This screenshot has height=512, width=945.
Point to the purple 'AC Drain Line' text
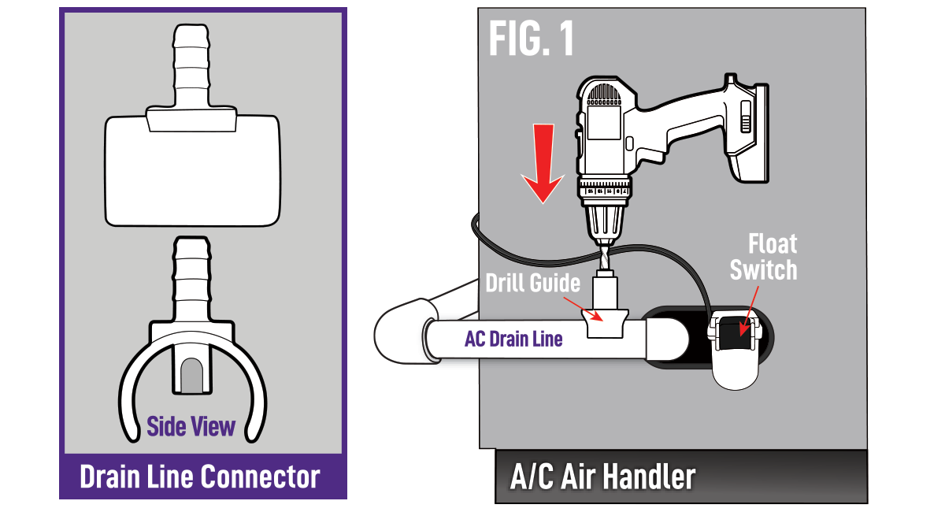pyautogui.click(x=513, y=339)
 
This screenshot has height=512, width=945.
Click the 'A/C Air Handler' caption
pyautogui.click(x=602, y=477)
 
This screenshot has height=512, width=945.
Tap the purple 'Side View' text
pyautogui.click(x=191, y=427)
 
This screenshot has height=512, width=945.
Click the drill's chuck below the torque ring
pyautogui.click(x=606, y=216)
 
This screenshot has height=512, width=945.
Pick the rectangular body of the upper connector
pyautogui.click(x=193, y=169)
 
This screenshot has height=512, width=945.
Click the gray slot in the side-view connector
pyautogui.click(x=191, y=376)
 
